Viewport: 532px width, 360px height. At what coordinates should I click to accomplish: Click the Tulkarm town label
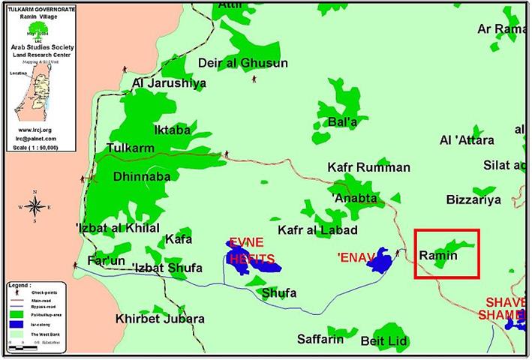pyautogui.click(x=130, y=148)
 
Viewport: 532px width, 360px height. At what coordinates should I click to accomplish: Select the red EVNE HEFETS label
pyautogui.click(x=251, y=251)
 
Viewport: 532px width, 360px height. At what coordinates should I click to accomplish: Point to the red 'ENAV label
pyautogui.click(x=355, y=257)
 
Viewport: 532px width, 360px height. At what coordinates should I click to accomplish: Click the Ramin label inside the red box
pyautogui.click(x=438, y=256)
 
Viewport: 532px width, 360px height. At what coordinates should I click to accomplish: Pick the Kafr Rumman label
pyautogui.click(x=369, y=167)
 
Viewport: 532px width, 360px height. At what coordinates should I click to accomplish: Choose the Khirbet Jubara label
pyautogui.click(x=160, y=319)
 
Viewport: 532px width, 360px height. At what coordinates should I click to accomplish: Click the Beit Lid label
pyautogui.click(x=383, y=341)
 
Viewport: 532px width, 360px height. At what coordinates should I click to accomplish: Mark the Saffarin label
pyautogui.click(x=320, y=339)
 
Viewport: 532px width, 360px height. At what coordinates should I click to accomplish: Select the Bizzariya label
pyautogui.click(x=473, y=200)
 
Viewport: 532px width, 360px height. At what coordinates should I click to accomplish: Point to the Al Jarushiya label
pyautogui.click(x=168, y=83)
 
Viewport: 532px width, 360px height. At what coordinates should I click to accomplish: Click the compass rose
pyautogui.click(x=35, y=207)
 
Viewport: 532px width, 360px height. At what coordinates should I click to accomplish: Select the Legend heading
pyautogui.click(x=20, y=285)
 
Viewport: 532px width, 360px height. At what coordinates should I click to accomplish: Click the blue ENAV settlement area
pyautogui.click(x=380, y=260)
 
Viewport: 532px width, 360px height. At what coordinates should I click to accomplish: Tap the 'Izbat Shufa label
pyautogui.click(x=167, y=268)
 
